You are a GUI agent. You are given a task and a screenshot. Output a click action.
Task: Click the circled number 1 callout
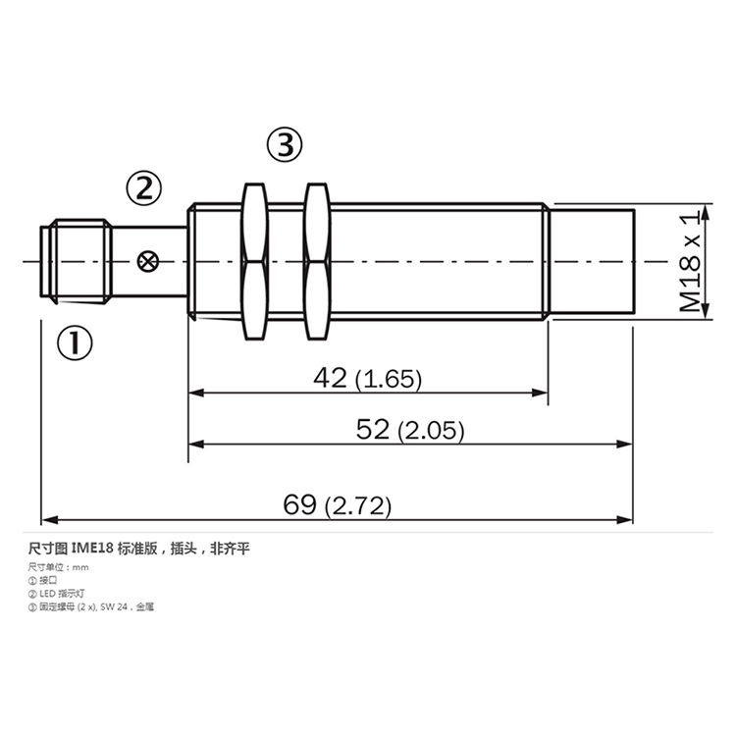tap(76, 343)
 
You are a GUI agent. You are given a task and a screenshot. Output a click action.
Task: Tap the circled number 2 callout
tap(144, 188)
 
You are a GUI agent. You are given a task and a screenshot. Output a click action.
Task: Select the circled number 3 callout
tap(285, 144)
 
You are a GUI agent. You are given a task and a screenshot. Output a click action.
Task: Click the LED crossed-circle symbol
tap(148, 261)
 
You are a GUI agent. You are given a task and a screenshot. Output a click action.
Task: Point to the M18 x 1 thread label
tap(691, 261)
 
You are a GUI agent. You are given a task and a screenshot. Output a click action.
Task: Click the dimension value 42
tap(330, 378)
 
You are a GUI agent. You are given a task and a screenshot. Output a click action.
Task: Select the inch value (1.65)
tap(389, 379)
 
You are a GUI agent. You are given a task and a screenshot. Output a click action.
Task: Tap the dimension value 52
tap(373, 429)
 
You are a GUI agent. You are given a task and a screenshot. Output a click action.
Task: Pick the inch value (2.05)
tap(431, 431)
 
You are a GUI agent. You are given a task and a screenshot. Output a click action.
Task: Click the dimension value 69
tap(299, 505)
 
